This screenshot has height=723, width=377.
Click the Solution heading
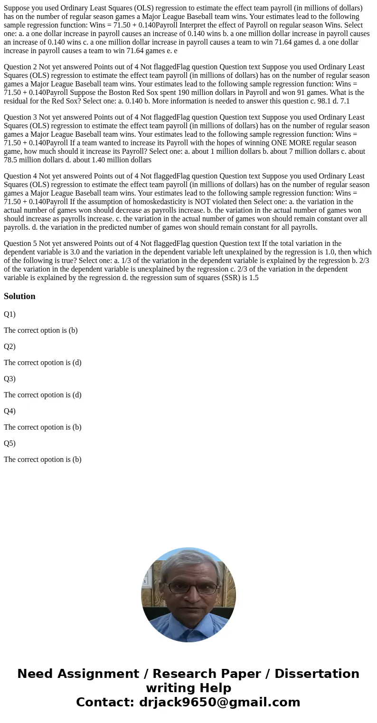point(19,296)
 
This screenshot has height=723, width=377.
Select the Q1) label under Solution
point(9,314)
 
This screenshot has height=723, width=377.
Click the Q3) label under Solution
point(9,379)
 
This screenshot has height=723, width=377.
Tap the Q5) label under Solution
point(9,443)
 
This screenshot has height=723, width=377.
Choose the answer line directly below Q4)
point(43,427)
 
